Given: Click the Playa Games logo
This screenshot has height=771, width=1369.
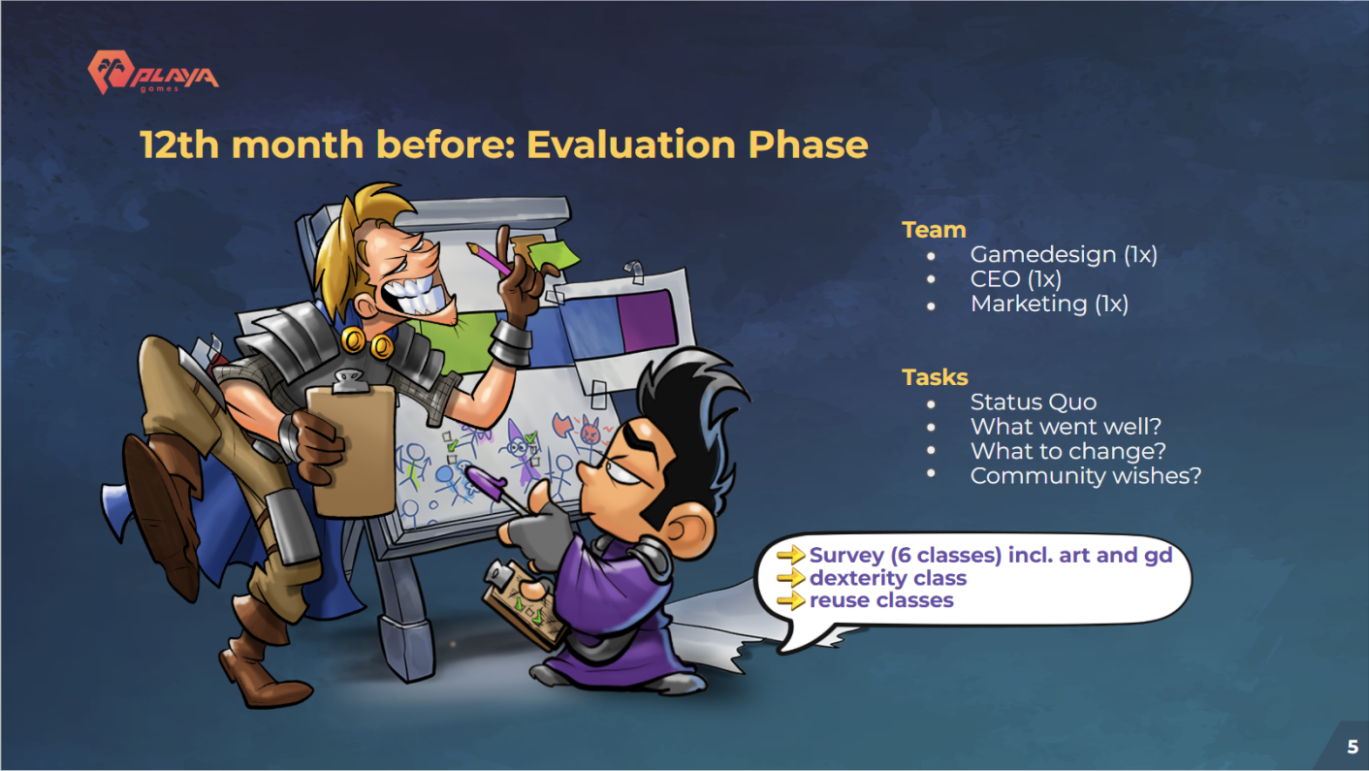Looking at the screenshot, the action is pyautogui.click(x=153, y=73).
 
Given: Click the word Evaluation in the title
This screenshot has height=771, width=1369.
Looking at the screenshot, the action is pyautogui.click(x=632, y=145).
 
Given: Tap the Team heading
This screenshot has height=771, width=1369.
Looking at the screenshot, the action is pyautogui.click(x=934, y=230).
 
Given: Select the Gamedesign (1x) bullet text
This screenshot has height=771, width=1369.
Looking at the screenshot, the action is pyautogui.click(x=1064, y=254).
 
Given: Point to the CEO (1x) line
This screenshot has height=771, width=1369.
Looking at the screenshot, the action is pyautogui.click(x=1016, y=279).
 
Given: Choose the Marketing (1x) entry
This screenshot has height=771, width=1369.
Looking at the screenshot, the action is pyautogui.click(x=1049, y=304).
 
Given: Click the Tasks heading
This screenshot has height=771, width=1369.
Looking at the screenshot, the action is pyautogui.click(x=935, y=377).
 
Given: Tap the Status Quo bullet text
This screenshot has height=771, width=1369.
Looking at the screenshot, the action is pyautogui.click(x=1034, y=402).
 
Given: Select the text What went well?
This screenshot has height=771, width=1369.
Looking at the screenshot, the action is pyautogui.click(x=1066, y=427).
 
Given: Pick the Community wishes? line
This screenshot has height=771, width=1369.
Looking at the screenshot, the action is pyautogui.click(x=1086, y=475).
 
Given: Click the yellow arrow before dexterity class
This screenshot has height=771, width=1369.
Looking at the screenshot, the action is pyautogui.click(x=791, y=578).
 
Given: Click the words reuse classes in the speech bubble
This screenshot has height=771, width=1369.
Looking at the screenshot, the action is pyautogui.click(x=881, y=600).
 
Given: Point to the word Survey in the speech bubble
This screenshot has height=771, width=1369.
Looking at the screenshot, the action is pyautogui.click(x=847, y=555).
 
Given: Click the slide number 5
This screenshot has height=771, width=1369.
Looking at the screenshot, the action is pyautogui.click(x=1353, y=747).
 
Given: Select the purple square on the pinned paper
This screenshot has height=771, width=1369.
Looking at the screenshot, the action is pyautogui.click(x=647, y=321).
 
